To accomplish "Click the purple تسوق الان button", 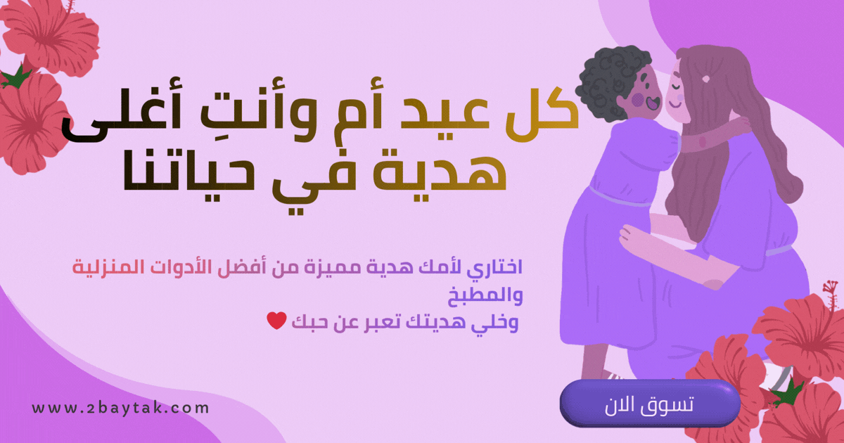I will pyautogui.click(x=649, y=404).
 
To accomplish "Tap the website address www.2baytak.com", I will pyautogui.click(x=120, y=408).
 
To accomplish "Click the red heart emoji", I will pyautogui.click(x=276, y=321).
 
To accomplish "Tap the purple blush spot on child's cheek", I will pyautogui.click(x=637, y=101).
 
